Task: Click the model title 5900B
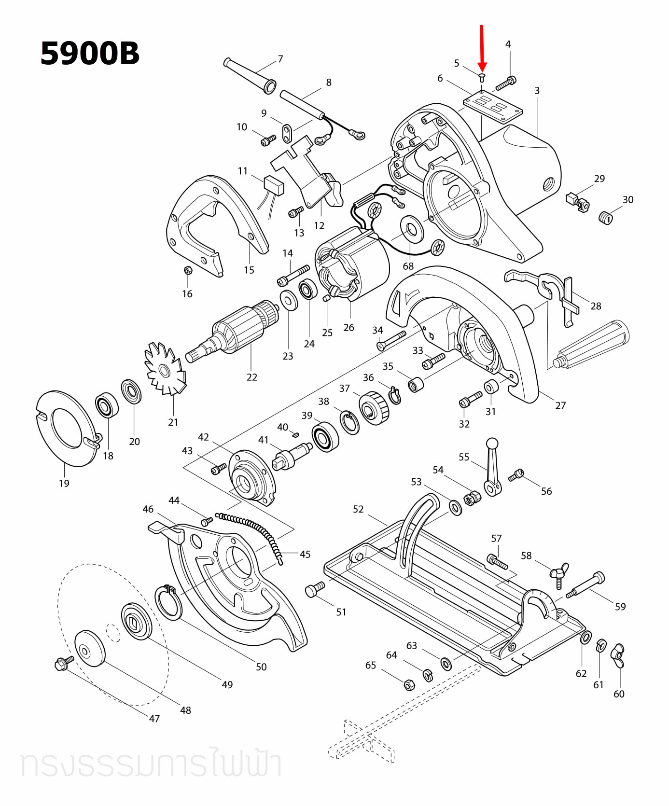click(90, 53)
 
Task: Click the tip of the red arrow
click(482, 70)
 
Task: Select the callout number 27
click(560, 405)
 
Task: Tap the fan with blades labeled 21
click(165, 369)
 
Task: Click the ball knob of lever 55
click(492, 443)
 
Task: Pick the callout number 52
click(358, 509)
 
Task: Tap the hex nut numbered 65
click(408, 684)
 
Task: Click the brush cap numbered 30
click(605, 218)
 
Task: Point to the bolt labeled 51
click(315, 589)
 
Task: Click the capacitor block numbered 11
click(274, 185)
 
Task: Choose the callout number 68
click(408, 266)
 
